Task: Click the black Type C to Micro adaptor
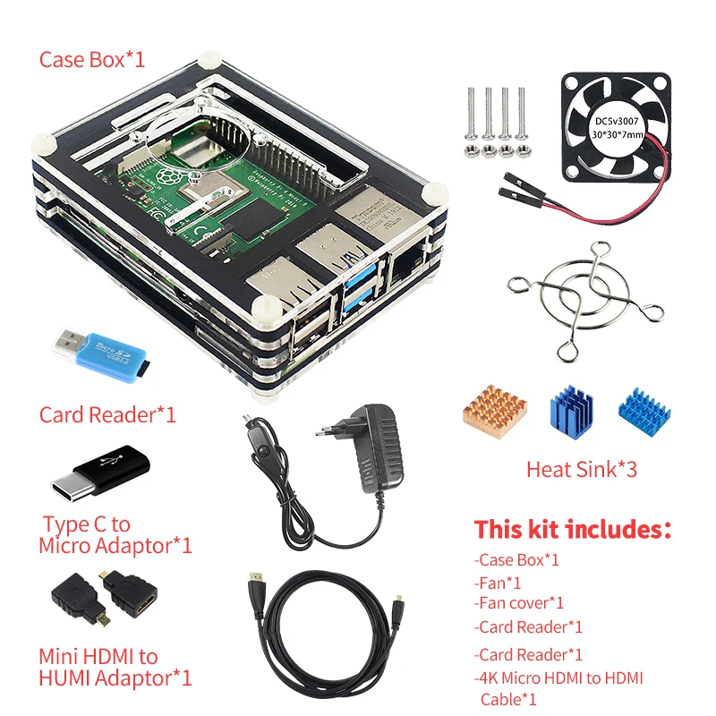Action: click(105, 473)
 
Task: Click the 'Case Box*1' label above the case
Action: click(91, 60)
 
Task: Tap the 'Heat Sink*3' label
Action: click(581, 468)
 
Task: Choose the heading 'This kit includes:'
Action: click(572, 529)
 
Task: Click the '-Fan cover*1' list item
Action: click(519, 603)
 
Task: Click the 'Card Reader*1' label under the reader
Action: click(107, 415)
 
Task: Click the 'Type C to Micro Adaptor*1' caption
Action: click(115, 534)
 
